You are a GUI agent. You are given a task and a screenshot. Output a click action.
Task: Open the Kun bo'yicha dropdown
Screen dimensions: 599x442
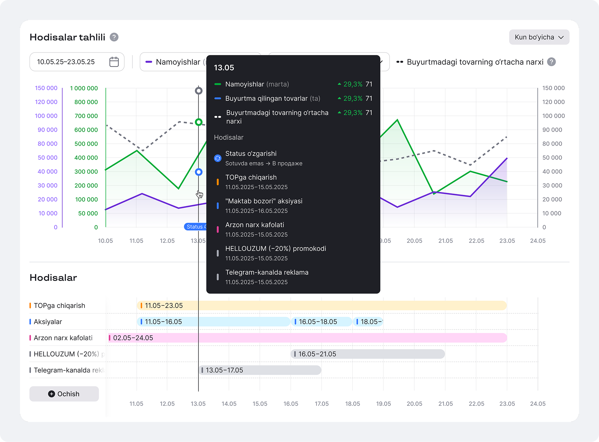pyautogui.click(x=539, y=37)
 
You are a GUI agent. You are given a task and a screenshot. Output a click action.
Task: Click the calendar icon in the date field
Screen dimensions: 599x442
pyautogui.click(x=114, y=62)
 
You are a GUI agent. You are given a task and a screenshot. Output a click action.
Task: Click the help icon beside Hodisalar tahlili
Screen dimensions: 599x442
pyautogui.click(x=114, y=37)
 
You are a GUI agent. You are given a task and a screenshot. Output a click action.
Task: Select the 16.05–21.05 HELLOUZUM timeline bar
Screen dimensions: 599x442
pyautogui.click(x=368, y=354)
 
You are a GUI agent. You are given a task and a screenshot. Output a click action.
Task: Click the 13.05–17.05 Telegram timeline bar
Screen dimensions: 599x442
pyautogui.click(x=260, y=370)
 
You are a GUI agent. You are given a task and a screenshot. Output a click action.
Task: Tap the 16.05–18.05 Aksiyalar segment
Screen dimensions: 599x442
pyautogui.click(x=321, y=322)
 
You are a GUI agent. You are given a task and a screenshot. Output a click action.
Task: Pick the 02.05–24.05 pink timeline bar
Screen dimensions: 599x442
pyautogui.click(x=307, y=338)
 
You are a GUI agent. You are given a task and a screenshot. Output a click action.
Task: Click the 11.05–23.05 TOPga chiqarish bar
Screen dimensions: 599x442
pyautogui.click(x=322, y=306)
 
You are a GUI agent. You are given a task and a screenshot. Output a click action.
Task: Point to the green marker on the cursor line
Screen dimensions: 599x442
pyautogui.click(x=199, y=122)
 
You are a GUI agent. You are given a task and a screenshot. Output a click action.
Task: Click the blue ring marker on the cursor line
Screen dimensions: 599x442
pyautogui.click(x=199, y=172)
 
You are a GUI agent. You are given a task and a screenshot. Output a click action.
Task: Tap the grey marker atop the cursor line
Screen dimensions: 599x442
pyautogui.click(x=199, y=91)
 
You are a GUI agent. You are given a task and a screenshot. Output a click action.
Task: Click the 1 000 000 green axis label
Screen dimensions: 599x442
pyautogui.click(x=84, y=88)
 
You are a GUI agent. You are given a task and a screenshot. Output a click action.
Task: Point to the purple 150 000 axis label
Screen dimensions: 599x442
pyautogui.click(x=46, y=88)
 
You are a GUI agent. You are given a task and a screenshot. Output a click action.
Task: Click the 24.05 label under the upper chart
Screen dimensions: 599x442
pyautogui.click(x=538, y=241)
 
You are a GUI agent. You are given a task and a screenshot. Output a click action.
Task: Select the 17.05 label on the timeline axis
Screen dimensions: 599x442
pyautogui.click(x=322, y=404)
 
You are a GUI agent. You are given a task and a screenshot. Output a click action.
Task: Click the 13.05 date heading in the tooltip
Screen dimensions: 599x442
pyautogui.click(x=224, y=68)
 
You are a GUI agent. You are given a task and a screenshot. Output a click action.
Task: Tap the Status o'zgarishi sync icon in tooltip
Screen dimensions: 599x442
pyautogui.click(x=218, y=158)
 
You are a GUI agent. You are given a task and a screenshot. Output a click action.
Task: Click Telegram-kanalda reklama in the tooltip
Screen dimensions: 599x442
pyautogui.click(x=267, y=272)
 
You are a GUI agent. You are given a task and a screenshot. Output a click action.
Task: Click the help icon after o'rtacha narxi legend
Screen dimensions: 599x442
pyautogui.click(x=551, y=62)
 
